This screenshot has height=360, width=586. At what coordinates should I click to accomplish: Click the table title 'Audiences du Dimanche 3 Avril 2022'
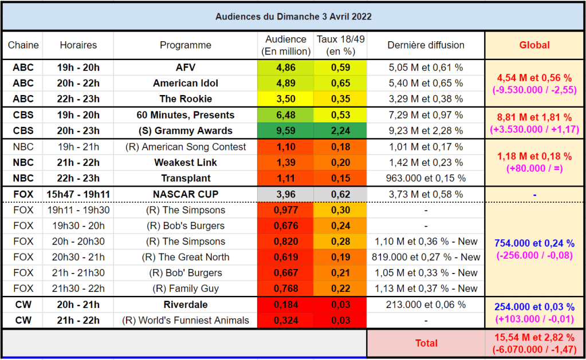tap(293, 17)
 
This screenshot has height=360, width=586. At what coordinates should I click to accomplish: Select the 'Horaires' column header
tap(78, 45)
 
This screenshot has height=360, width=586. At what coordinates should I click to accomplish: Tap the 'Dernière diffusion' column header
tap(426, 45)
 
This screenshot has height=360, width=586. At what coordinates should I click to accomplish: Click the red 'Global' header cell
tap(534, 45)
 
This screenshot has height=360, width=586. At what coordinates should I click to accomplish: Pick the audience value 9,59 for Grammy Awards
tap(286, 130)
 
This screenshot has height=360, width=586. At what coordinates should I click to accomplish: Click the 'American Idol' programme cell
tap(186, 83)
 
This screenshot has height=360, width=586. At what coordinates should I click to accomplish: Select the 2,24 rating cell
tap(340, 130)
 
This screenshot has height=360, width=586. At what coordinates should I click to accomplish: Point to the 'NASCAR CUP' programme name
tap(186, 194)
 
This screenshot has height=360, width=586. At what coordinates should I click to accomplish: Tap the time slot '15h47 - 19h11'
tap(78, 194)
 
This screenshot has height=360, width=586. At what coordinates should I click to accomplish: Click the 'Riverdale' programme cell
tap(186, 304)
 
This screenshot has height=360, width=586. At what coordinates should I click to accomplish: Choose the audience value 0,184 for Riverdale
tap(286, 304)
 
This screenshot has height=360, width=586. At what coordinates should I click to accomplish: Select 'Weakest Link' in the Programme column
tap(186, 163)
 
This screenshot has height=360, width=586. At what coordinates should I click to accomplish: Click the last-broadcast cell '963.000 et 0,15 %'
tap(426, 178)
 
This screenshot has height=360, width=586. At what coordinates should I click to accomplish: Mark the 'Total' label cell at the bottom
tap(426, 343)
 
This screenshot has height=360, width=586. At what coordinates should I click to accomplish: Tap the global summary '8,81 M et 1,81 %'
tap(534, 117)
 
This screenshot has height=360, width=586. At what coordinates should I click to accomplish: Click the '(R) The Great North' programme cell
tap(186, 257)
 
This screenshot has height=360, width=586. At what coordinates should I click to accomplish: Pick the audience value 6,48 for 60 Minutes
tap(286, 115)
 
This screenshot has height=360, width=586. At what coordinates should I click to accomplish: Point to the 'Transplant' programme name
tap(186, 178)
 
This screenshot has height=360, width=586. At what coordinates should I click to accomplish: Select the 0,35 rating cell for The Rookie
tap(340, 99)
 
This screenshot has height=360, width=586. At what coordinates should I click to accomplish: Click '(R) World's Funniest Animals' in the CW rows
tap(186, 321)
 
